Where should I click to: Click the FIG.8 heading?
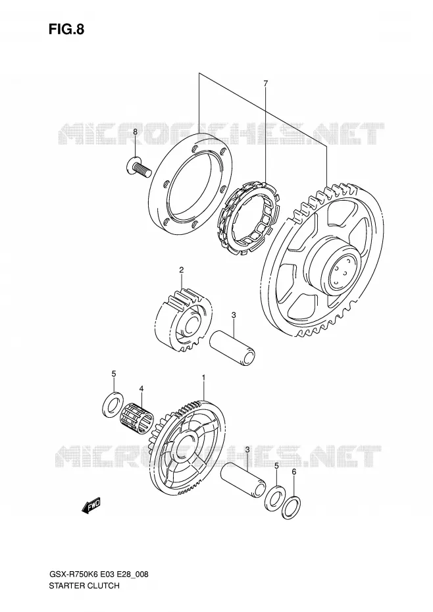pyautogui.click(x=66, y=29)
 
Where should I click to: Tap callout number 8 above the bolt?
pyautogui.click(x=135, y=132)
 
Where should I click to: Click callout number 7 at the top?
pyautogui.click(x=265, y=83)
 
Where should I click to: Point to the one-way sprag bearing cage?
pyautogui.click(x=248, y=218)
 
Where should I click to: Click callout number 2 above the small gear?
pyautogui.click(x=181, y=270)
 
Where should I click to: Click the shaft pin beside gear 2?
pyautogui.click(x=233, y=347)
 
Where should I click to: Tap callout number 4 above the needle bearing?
pyautogui.click(x=141, y=388)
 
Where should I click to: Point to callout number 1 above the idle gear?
pyautogui.click(x=203, y=378)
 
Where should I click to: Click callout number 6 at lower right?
pyautogui.click(x=294, y=472)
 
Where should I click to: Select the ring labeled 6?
pyautogui.click(x=292, y=507)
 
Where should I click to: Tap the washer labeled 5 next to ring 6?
pyautogui.click(x=275, y=497)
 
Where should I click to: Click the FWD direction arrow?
pyautogui.click(x=91, y=505)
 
